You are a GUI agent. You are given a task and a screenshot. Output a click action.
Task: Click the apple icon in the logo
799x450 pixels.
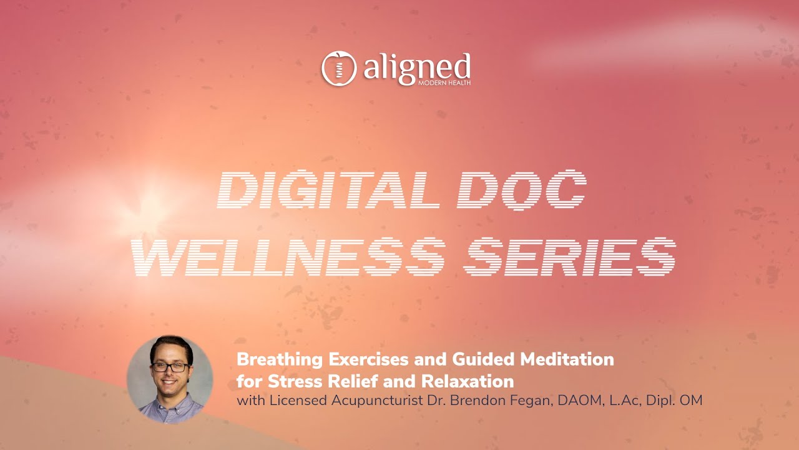339,68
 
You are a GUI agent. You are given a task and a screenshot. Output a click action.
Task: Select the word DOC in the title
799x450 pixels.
522,189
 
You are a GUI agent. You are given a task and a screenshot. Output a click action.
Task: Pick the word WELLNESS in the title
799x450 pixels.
289,256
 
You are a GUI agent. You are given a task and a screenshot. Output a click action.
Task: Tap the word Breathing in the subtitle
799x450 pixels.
280,360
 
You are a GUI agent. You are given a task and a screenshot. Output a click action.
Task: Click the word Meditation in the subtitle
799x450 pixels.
567,359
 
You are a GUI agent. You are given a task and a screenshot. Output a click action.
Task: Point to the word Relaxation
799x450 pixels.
468,381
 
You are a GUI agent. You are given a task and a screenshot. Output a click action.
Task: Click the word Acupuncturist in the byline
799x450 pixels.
378,401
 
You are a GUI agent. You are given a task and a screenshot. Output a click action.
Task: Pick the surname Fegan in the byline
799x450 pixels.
531,401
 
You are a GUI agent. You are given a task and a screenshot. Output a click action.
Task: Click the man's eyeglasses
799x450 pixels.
170,367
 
